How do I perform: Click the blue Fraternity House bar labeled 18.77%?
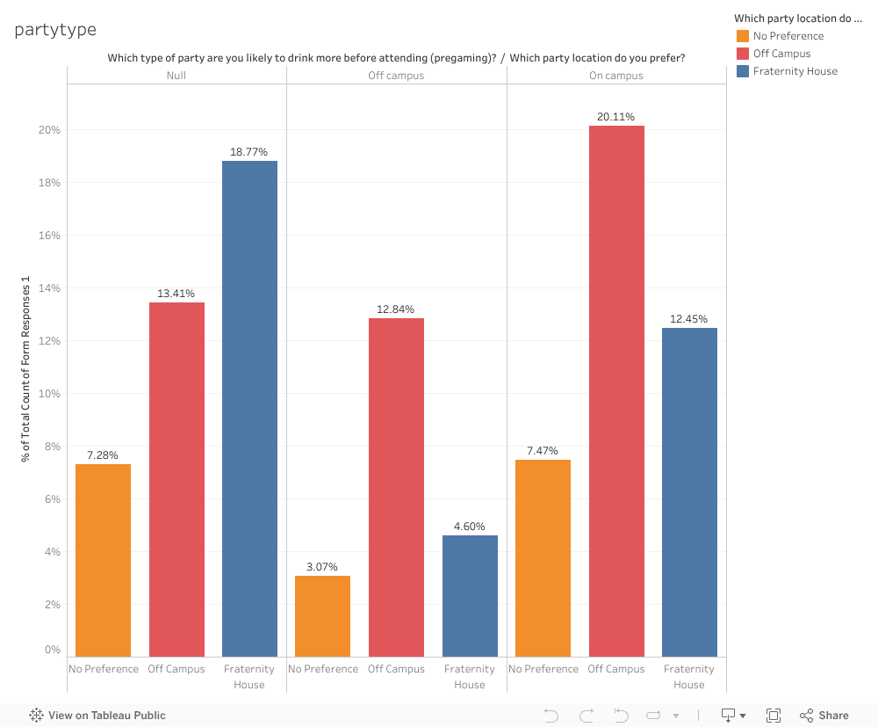coord(249,409)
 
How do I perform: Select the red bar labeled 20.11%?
coord(616,391)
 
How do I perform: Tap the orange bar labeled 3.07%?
coord(322,615)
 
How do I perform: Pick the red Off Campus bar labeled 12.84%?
coord(396,487)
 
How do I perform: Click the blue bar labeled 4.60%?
coord(470,595)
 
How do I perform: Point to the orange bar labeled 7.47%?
coord(543,557)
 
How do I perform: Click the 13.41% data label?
coord(176,294)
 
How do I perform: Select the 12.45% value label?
coord(688,319)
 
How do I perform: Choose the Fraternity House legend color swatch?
coord(743,71)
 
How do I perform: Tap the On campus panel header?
coord(616,76)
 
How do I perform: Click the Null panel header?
coord(176,76)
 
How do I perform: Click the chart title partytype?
coord(55,30)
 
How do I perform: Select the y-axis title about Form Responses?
coord(26,369)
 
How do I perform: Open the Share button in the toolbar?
coord(824,716)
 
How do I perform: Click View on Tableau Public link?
coord(97,716)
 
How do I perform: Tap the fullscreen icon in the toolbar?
coord(774,716)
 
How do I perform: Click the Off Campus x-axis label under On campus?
coord(616,669)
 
